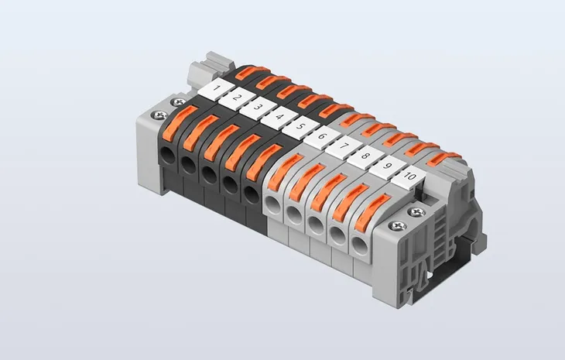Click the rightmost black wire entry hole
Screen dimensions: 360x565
coord(251,193)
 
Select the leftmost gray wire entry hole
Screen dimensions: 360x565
coord(272,204)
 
